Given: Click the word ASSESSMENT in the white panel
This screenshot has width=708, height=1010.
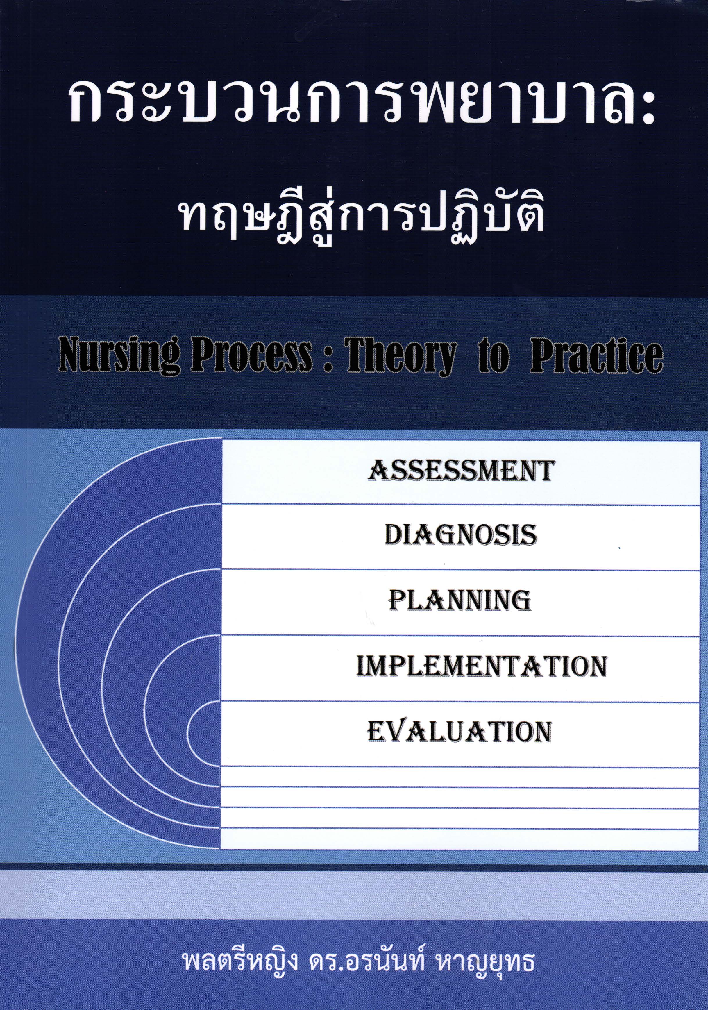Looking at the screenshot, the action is coord(461,471).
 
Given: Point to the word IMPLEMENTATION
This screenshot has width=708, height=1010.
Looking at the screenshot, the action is coord(482,666).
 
